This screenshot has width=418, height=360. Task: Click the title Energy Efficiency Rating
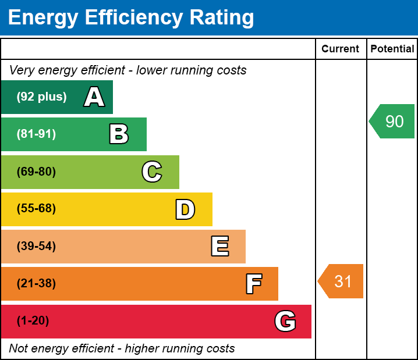tap(131, 18)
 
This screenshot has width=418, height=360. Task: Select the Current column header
tap(341, 49)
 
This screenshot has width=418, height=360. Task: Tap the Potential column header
tap(392, 49)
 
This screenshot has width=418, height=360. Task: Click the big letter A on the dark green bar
tap(94, 97)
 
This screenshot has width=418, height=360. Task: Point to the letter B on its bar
tap(119, 134)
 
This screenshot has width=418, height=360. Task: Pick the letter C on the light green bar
tap(152, 172)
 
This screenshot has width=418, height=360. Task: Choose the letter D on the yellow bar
tap(185, 209)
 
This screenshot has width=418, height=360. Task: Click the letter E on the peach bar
tap(219, 247)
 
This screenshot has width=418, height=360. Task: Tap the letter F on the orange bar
tap(253, 284)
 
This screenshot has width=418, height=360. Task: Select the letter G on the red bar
tap(285, 321)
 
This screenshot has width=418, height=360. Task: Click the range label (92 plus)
tap(41, 97)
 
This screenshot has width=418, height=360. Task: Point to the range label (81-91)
tap(36, 134)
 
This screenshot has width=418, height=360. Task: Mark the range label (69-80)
tap(36, 172)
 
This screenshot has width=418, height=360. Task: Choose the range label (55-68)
tap(36, 209)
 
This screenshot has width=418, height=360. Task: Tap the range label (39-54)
tap(36, 246)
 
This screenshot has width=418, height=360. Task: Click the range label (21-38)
tap(36, 284)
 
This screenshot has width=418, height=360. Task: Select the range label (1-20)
tap(33, 321)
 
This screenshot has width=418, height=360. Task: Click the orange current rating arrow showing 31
tap(341, 281)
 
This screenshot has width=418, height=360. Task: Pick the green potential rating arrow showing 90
tap(393, 122)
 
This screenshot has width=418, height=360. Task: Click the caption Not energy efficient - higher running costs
tap(122, 349)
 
